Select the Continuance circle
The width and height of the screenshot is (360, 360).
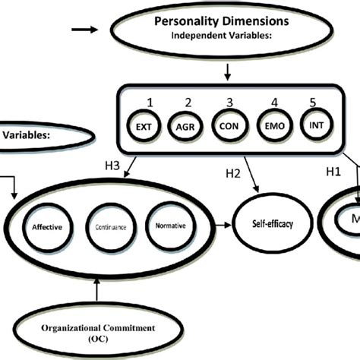(x=110, y=226)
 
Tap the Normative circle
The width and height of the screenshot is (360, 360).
(x=168, y=226)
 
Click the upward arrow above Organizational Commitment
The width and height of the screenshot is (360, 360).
(x=96, y=288)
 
